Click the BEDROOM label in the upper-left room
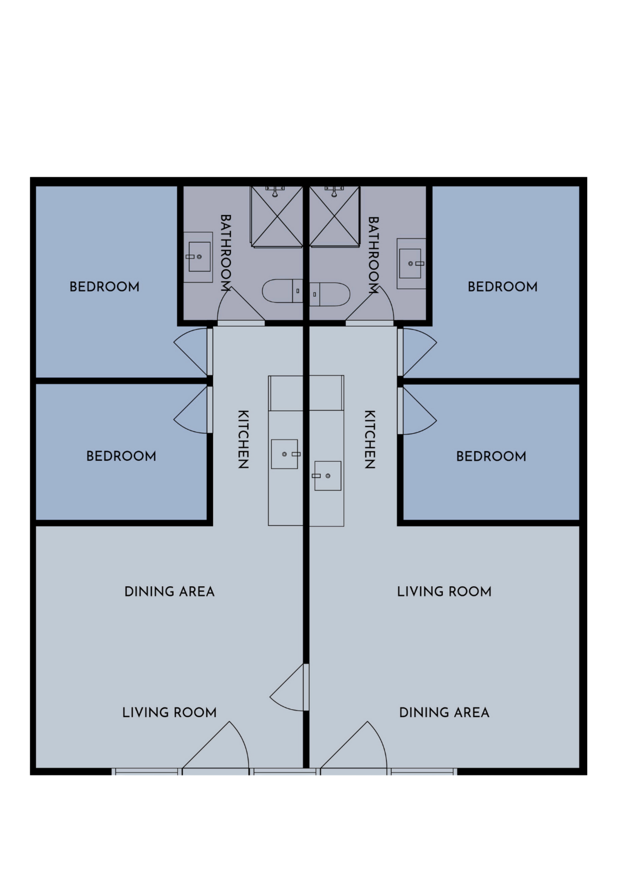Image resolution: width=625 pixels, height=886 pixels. coord(104,287)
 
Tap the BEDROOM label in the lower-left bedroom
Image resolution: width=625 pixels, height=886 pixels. coord(121,457)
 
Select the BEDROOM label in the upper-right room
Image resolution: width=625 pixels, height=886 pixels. coord(503,287)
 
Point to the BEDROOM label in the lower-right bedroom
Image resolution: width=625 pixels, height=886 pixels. coord(491,457)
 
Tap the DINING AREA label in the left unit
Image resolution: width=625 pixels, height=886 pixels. coord(169,592)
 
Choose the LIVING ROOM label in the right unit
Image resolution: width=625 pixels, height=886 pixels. coord(444,592)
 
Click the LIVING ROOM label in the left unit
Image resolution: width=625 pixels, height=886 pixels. coord(169,712)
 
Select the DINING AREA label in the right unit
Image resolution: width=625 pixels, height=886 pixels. coord(444,712)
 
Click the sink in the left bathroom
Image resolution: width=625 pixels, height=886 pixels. coord(199,257)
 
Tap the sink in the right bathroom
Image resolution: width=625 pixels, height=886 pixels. coord(410,264)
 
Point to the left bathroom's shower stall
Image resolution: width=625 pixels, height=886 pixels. coord(276,216)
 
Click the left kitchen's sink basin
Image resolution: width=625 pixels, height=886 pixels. coord(285,454)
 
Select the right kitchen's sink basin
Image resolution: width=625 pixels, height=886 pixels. coord(328,476)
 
